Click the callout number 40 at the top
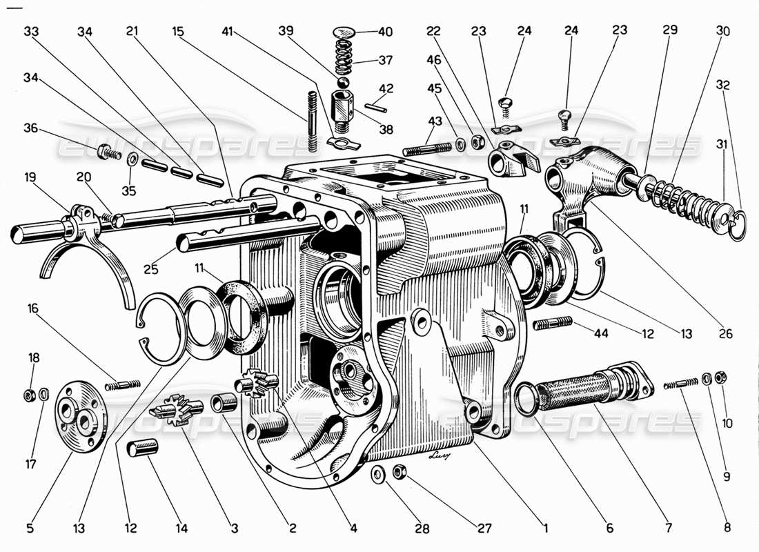tap(384, 31)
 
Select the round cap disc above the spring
tap(344, 32)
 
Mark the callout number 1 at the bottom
tap(545, 529)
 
